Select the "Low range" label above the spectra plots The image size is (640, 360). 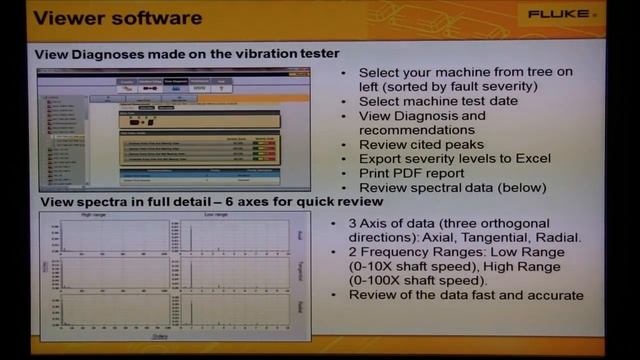[216, 215]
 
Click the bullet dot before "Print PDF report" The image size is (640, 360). [345, 172]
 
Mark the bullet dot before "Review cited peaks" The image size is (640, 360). [345, 144]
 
